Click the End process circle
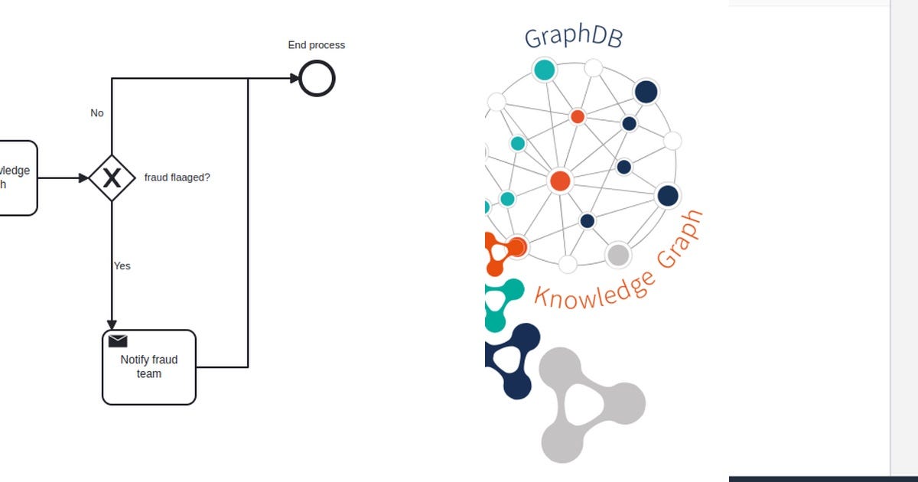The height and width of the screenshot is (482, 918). click(317, 78)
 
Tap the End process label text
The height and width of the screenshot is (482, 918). click(316, 45)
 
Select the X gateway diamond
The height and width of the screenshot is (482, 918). click(112, 178)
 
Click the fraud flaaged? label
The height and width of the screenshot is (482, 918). click(177, 177)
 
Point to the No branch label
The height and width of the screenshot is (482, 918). click(96, 113)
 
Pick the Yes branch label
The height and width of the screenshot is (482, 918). click(122, 266)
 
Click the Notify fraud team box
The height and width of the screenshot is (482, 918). click(149, 367)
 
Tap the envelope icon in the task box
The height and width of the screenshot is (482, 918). click(118, 341)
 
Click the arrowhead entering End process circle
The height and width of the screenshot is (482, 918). click(294, 78)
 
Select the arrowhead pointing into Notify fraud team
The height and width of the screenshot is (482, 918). click(112, 324)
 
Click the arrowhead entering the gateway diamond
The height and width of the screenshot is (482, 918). click(83, 178)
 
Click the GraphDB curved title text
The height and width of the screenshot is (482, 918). click(573, 37)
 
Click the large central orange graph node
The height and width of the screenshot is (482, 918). click(560, 181)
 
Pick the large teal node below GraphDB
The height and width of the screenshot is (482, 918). click(544, 70)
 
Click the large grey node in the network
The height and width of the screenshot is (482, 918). click(617, 255)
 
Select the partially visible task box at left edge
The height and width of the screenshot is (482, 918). click(17, 178)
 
